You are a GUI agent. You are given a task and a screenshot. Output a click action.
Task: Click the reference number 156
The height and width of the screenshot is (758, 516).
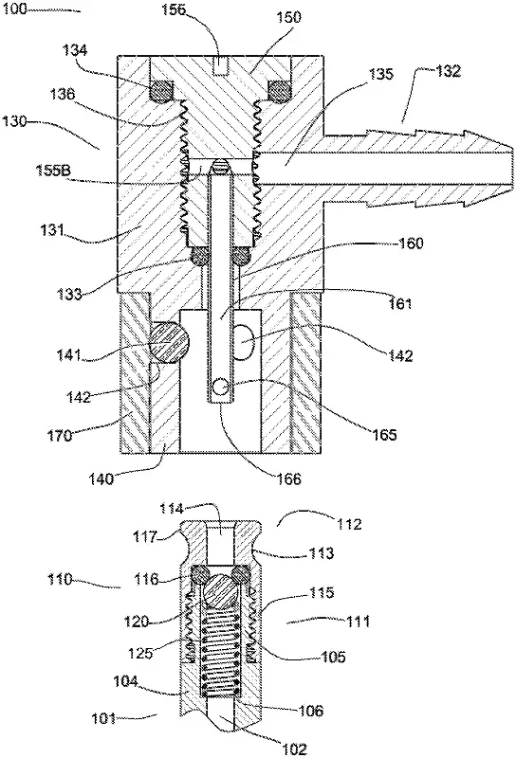coord(174,9)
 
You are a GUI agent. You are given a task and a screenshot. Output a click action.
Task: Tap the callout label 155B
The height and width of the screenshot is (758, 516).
coord(54,171)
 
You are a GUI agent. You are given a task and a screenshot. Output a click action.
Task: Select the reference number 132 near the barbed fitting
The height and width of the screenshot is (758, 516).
coord(449,71)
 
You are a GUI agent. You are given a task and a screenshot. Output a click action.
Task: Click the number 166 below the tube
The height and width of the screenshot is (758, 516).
coord(289,478)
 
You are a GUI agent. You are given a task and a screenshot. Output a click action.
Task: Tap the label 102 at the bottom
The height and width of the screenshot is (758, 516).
coord(295,749)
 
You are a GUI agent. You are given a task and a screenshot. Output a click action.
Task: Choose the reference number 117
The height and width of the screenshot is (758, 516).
coord(146,536)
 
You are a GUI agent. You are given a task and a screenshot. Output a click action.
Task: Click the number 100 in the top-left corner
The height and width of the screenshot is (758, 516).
coord(15,9)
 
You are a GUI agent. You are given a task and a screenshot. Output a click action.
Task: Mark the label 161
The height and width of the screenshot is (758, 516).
coord(400,303)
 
